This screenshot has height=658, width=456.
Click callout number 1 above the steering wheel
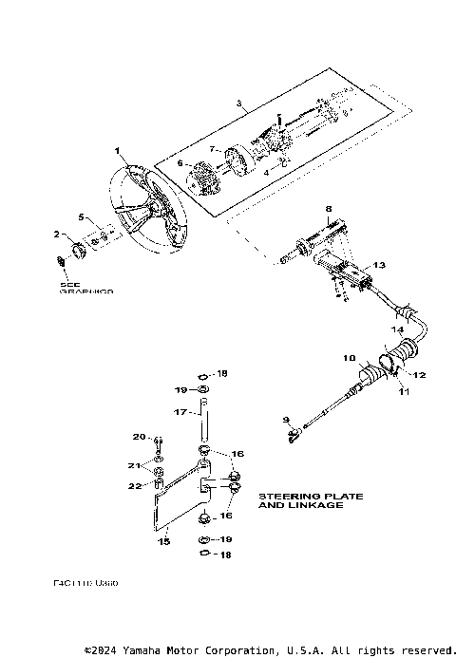coord(117,151)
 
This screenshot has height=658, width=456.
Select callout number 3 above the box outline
coord(239,103)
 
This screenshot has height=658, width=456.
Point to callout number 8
coord(328,209)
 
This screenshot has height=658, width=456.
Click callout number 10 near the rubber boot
coord(350,358)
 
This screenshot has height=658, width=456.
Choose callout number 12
coord(419,374)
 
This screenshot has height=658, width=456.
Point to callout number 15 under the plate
coord(163,540)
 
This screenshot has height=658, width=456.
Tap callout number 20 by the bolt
coord(138,437)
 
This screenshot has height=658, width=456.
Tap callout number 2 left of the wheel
coord(56,234)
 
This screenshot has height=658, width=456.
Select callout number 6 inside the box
coord(179,163)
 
